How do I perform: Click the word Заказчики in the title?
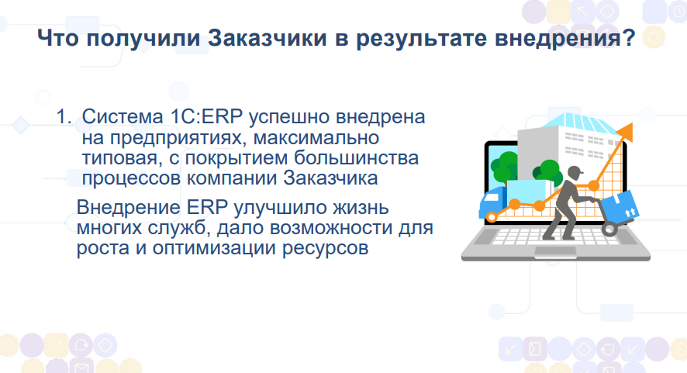pyautogui.click(x=268, y=38)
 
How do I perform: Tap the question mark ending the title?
pyautogui.click(x=629, y=38)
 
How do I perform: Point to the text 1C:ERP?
pyautogui.click(x=205, y=116)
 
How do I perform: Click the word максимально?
pyautogui.click(x=316, y=137)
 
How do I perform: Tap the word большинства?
pyautogui.click(x=356, y=157)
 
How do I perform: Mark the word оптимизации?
pyautogui.click(x=215, y=248)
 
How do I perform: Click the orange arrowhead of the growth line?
pyautogui.click(x=625, y=132)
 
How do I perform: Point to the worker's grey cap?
pyautogui.click(x=575, y=171)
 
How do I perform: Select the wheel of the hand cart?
pyautogui.click(x=609, y=229)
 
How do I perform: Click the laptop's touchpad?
pyautogui.click(x=555, y=251)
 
